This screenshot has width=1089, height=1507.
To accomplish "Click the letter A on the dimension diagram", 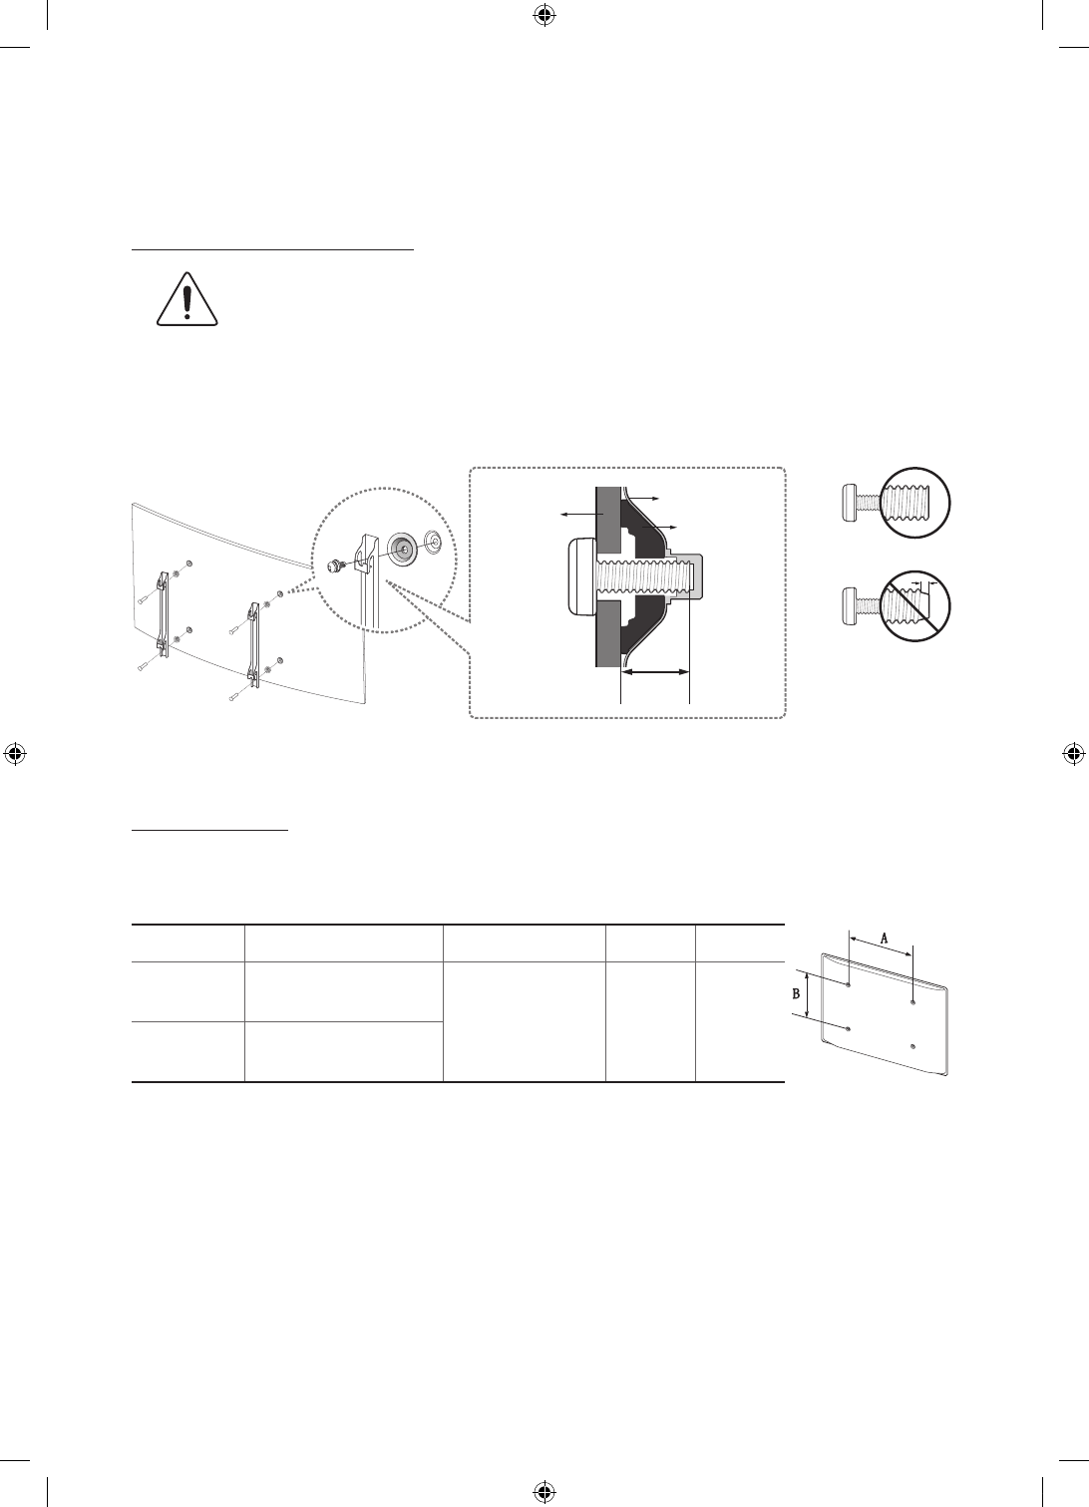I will (884, 938).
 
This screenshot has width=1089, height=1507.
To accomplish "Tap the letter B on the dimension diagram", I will (796, 994).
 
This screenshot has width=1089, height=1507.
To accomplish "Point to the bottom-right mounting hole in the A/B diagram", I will (913, 1046).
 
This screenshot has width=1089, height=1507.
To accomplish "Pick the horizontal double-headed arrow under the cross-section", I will (655, 674).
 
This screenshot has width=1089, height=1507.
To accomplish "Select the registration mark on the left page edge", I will (14, 753).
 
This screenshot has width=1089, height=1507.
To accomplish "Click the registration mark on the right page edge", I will (1074, 753).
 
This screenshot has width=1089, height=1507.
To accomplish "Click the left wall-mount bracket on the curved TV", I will (162, 614).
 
